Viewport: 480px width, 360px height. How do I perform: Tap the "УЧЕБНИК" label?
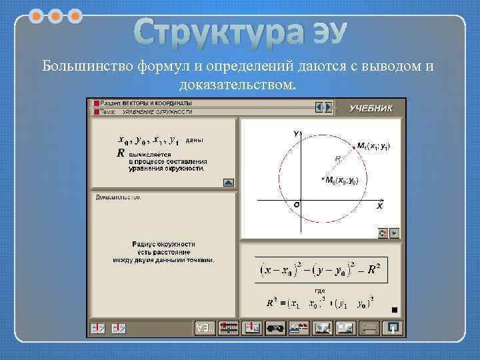point(372,107)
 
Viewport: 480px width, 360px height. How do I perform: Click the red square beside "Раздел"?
point(97,105)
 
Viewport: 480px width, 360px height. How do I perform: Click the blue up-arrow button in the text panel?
point(228,181)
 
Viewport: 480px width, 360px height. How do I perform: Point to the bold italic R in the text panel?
point(121,153)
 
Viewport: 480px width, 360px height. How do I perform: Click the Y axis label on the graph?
point(295,134)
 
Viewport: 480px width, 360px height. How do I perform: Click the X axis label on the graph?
point(379,207)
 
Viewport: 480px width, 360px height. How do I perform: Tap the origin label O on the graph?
point(297,206)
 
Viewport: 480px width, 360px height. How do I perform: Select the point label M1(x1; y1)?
point(375,145)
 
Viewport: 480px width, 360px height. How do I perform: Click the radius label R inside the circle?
point(338,159)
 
